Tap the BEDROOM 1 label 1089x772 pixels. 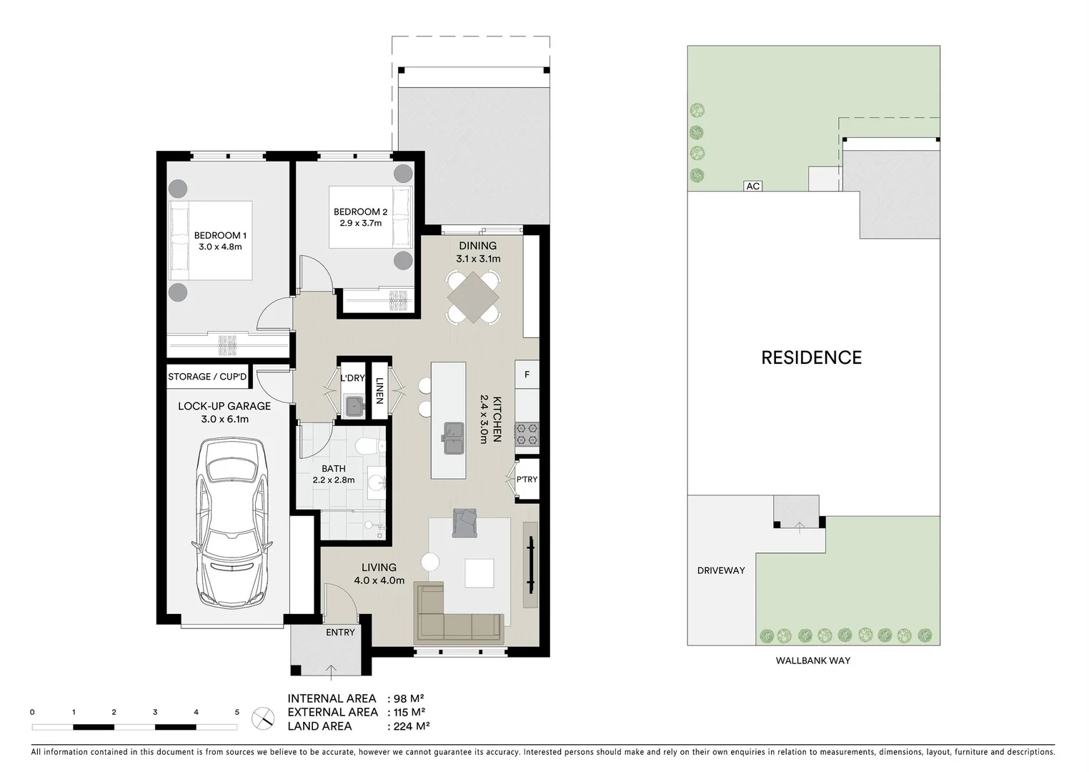click(220, 235)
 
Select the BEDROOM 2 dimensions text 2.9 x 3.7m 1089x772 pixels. click(360, 223)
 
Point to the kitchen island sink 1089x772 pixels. click(453, 438)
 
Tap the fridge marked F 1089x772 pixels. click(527, 375)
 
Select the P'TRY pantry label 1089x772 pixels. click(527, 479)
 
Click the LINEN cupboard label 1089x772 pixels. click(379, 390)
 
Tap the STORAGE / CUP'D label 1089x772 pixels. click(207, 377)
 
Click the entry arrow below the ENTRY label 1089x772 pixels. click(332, 670)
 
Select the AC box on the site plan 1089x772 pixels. click(752, 186)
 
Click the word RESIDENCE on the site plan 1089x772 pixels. click(811, 357)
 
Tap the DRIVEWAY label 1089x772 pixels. click(721, 570)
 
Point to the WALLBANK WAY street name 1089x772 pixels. click(813, 660)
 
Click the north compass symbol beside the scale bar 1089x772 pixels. click(263, 717)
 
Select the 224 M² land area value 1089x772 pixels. click(408, 726)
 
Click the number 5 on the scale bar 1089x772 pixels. click(237, 712)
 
